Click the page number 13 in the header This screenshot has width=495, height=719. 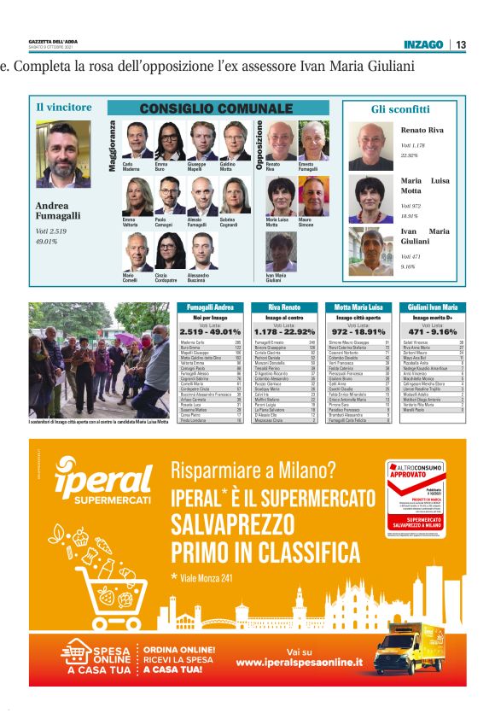(x=461, y=44)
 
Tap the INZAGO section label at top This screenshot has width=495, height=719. (x=423, y=44)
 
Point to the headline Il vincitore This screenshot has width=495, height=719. (x=63, y=107)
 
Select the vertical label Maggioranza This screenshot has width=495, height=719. (x=112, y=146)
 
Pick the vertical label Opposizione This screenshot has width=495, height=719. (x=259, y=146)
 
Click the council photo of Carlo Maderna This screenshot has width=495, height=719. (x=136, y=139)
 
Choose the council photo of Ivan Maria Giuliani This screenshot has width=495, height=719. (x=280, y=249)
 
